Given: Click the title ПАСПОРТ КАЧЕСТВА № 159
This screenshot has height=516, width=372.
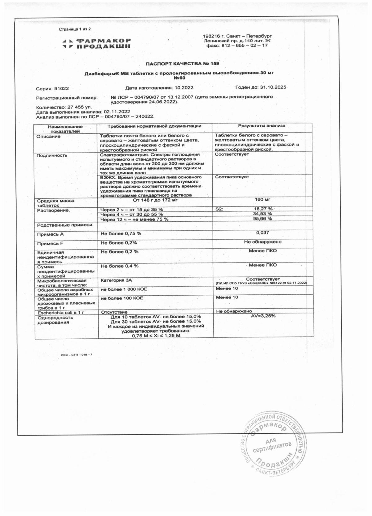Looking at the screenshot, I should coord(182,64).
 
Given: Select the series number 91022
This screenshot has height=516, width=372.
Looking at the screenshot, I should coord(61,89).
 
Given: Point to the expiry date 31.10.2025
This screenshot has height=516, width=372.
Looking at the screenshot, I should coord(273,87).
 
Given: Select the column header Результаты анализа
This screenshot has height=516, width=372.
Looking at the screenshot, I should coord(262,126).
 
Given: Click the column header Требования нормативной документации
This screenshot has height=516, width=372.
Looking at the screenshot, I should coord(154,126).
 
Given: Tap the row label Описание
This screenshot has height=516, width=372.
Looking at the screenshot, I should coord(48,137).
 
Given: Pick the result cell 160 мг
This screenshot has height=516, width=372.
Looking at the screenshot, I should coord(263,200).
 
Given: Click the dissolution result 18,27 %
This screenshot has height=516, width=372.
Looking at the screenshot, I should coord(263,209).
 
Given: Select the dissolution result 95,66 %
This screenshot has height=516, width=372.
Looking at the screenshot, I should coord(263,219).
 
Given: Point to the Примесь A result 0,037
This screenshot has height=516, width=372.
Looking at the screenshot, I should coord(263,233).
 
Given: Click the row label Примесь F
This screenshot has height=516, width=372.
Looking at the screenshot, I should coord(50,244).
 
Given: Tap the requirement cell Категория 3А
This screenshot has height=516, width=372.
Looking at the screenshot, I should coord(116,280).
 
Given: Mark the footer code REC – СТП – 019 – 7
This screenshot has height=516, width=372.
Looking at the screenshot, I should coord(77,354).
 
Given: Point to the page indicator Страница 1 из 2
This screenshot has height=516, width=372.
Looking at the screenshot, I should coord(75,29).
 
